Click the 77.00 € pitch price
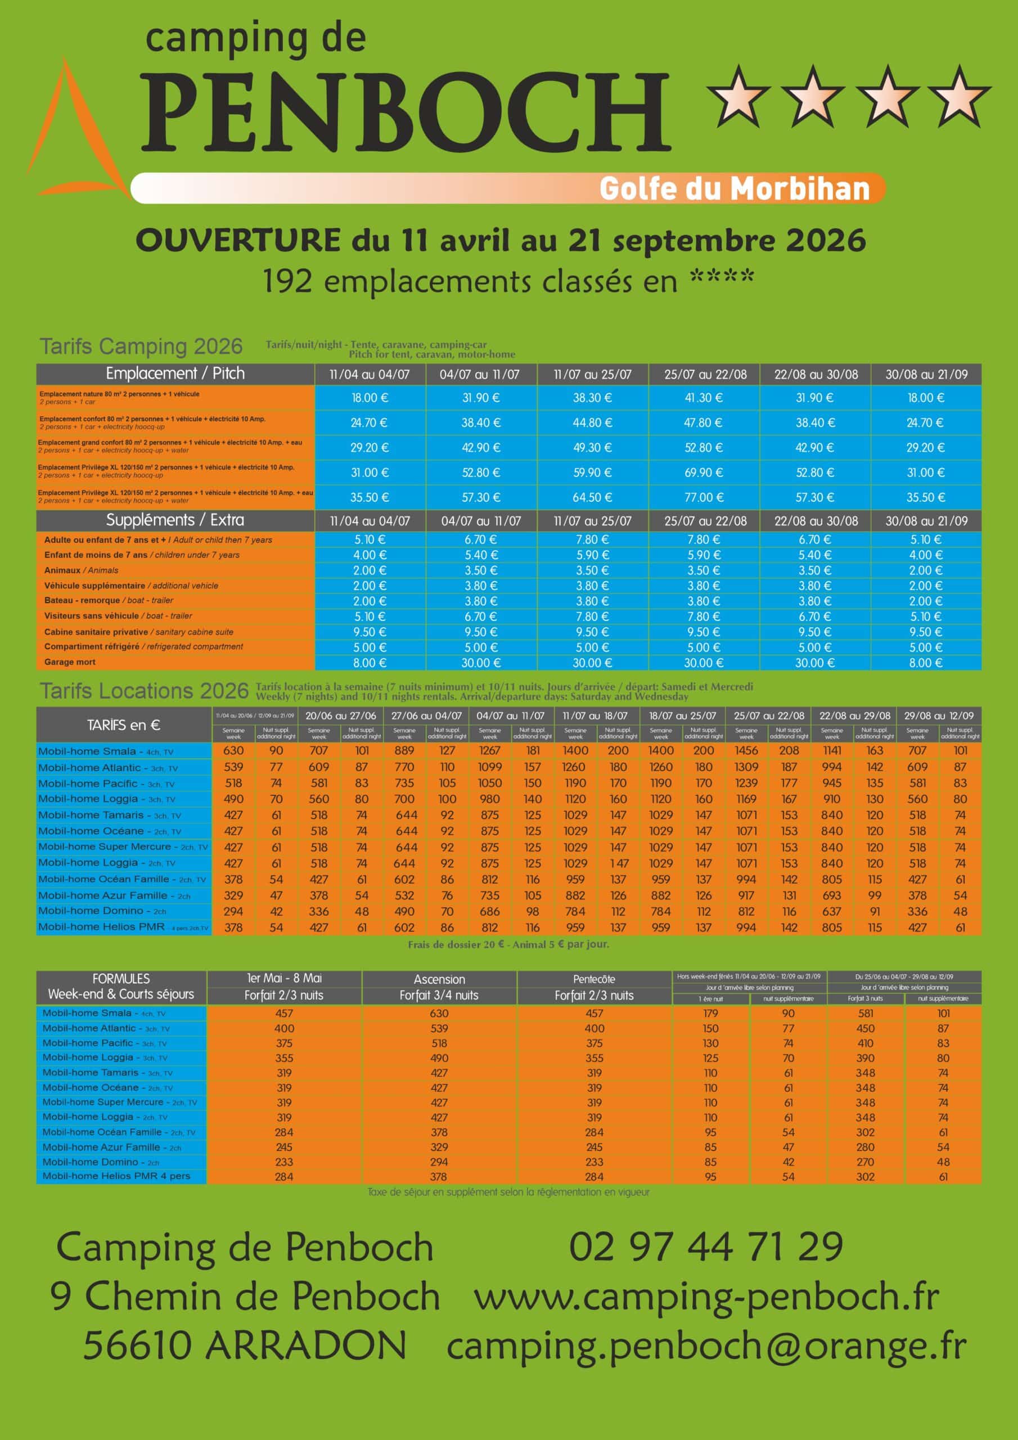[704, 497]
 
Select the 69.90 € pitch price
[704, 472]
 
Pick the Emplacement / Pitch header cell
[175, 374]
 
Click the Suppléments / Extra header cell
[175, 520]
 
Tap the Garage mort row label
[70, 661]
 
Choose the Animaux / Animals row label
[81, 570]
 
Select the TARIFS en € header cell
[124, 725]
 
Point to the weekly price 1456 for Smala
[746, 750]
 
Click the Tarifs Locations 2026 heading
[145, 691]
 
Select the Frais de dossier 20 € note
[508, 944]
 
